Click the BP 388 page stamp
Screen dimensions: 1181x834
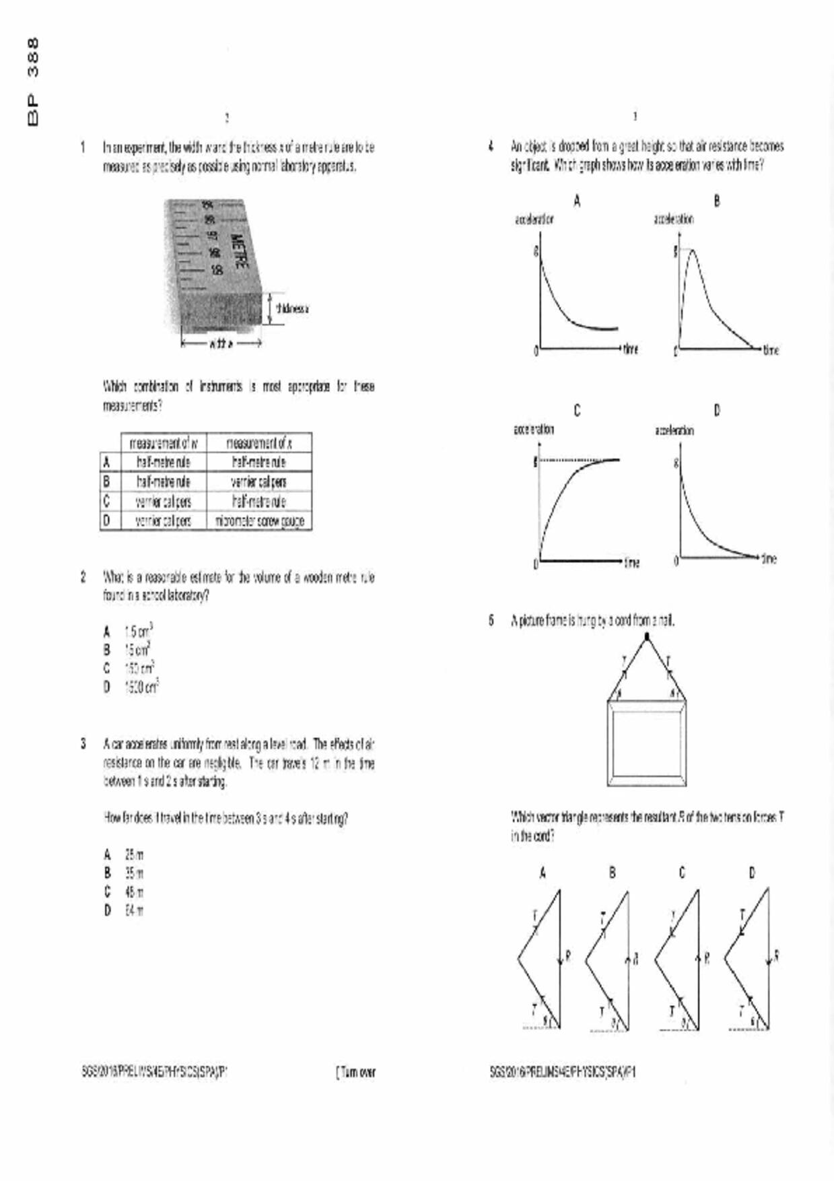pyautogui.click(x=32, y=81)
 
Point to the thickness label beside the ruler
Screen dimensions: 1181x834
pyautogui.click(x=292, y=309)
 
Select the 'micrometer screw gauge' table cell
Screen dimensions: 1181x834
pyautogui.click(x=259, y=521)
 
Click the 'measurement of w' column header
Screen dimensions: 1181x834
pyautogui.click(x=164, y=443)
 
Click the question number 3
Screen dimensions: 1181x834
pyautogui.click(x=83, y=744)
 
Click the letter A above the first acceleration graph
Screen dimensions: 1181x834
pyautogui.click(x=577, y=201)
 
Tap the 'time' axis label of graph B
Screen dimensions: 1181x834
pyautogui.click(x=771, y=350)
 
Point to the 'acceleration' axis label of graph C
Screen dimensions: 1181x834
pyautogui.click(x=534, y=430)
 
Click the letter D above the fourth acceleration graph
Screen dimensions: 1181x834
pyautogui.click(x=716, y=411)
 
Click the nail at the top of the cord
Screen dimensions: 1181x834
pyautogui.click(x=647, y=636)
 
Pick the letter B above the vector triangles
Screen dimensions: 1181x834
pyautogui.click(x=612, y=873)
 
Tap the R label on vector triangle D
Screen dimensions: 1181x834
pyautogui.click(x=776, y=955)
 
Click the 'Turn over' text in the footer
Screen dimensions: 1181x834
pyautogui.click(x=356, y=1072)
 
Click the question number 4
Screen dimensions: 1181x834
pyautogui.click(x=492, y=146)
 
